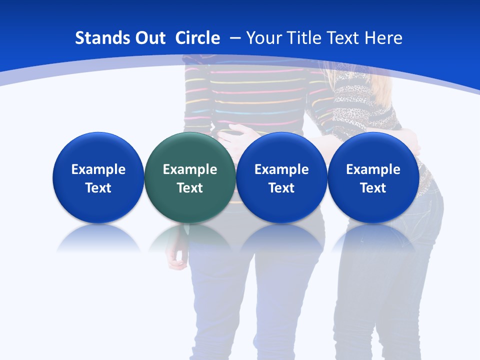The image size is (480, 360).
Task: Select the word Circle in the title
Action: (x=197, y=38)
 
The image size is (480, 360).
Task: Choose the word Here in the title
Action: (x=383, y=38)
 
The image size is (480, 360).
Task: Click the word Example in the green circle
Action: (x=189, y=169)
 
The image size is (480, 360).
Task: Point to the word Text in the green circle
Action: (x=189, y=188)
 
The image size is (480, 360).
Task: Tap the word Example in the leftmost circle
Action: (x=98, y=169)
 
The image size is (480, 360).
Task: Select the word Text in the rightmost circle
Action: (x=373, y=188)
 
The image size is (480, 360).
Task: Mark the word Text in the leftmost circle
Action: (x=98, y=188)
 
